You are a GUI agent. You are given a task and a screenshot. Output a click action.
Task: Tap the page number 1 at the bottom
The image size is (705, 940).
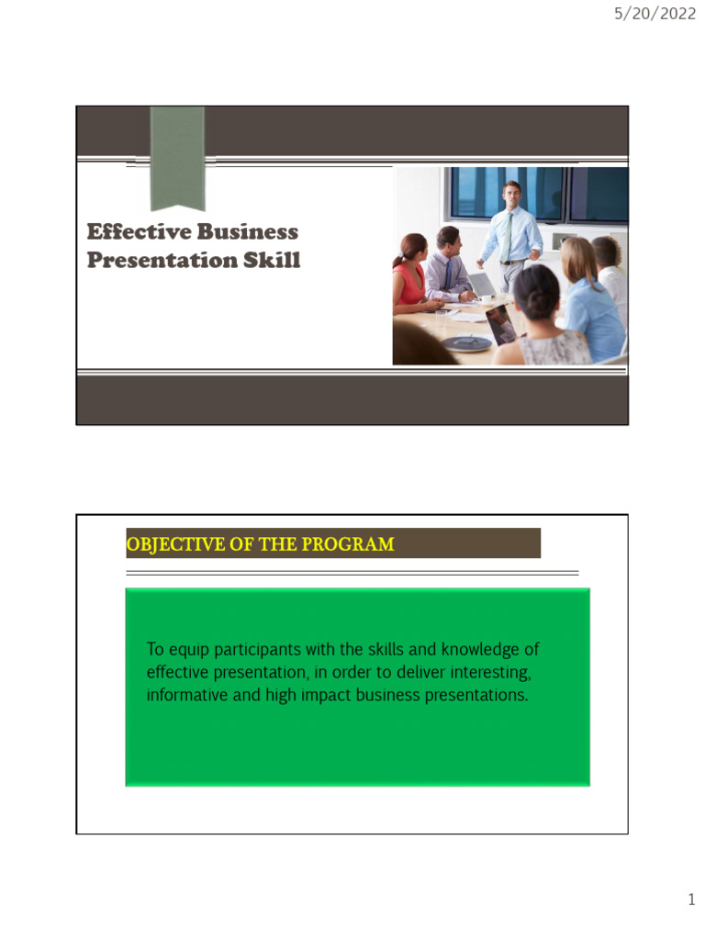[x=691, y=901]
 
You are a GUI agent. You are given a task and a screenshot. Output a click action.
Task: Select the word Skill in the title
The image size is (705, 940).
[x=271, y=261]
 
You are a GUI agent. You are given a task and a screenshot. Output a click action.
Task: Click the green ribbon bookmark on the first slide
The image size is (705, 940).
[x=177, y=156]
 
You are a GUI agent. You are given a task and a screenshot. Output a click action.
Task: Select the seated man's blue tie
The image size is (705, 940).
[x=447, y=274]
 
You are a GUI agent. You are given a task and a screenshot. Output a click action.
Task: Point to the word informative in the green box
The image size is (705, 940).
[x=186, y=695]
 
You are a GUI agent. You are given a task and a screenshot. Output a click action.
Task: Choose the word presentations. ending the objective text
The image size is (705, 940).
[x=476, y=695]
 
